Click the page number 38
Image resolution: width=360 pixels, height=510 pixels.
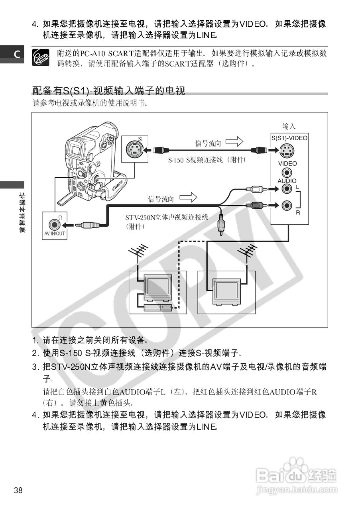pos(18,490)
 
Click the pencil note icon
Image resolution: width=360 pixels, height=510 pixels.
pos(40,57)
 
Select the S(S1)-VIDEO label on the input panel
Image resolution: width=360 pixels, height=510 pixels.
pos(289,138)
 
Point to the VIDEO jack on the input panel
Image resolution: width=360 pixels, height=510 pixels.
pos(286,173)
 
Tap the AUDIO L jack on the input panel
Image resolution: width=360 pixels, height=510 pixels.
pos(286,190)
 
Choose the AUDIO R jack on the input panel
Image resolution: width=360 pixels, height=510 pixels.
pos(286,205)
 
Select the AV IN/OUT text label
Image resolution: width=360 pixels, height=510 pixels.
pos(54,234)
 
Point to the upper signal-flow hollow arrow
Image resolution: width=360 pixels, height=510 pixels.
pos(234,141)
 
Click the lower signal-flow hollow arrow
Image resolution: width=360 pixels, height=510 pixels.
pos(189,197)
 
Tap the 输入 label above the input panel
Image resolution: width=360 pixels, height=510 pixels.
pos(289,126)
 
